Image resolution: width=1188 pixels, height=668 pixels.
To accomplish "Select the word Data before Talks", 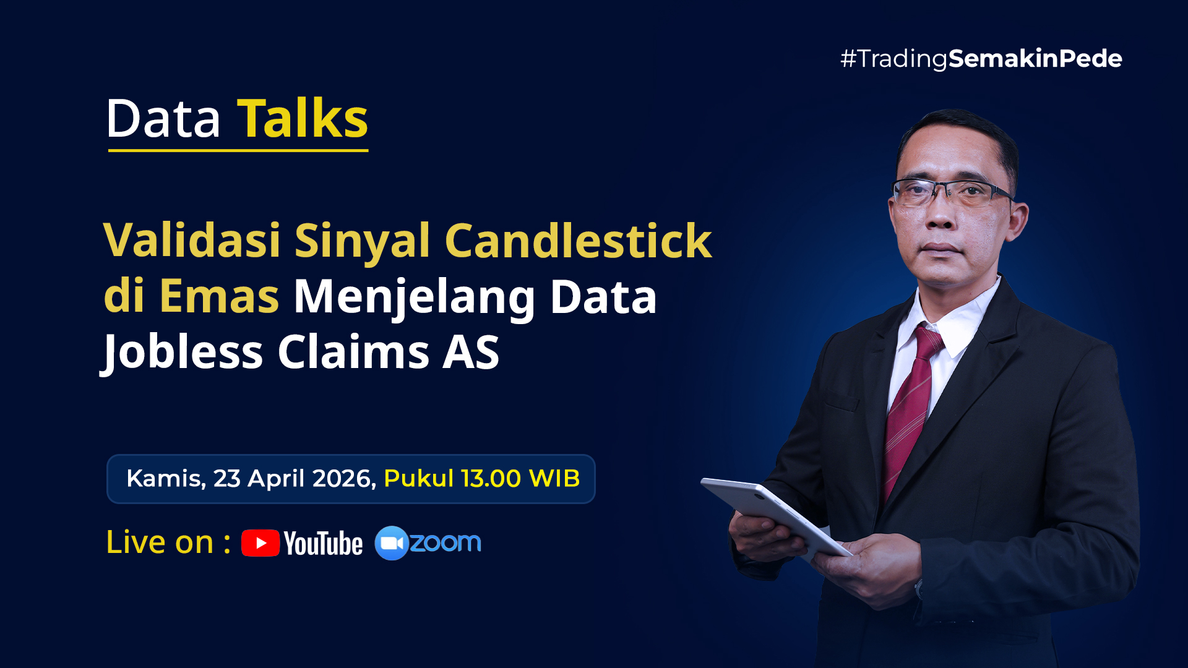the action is coord(163,118).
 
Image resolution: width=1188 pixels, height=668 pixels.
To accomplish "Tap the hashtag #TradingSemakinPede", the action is coord(981,59).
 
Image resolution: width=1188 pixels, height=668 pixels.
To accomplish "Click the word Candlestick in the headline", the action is coord(579,240).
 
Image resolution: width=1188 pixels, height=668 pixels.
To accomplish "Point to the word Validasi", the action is coord(192,240).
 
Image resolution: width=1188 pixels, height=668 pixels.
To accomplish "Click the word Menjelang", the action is coord(414,298).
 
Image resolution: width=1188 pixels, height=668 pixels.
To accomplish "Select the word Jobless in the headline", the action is coord(182,352).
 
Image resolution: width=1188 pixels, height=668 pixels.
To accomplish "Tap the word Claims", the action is coord(353,351).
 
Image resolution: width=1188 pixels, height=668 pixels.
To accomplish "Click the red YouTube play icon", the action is coord(260,543).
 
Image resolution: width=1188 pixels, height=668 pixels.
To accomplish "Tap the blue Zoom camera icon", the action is coord(392,543).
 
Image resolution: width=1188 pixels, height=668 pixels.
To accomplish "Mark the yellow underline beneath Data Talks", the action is coord(238,150).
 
